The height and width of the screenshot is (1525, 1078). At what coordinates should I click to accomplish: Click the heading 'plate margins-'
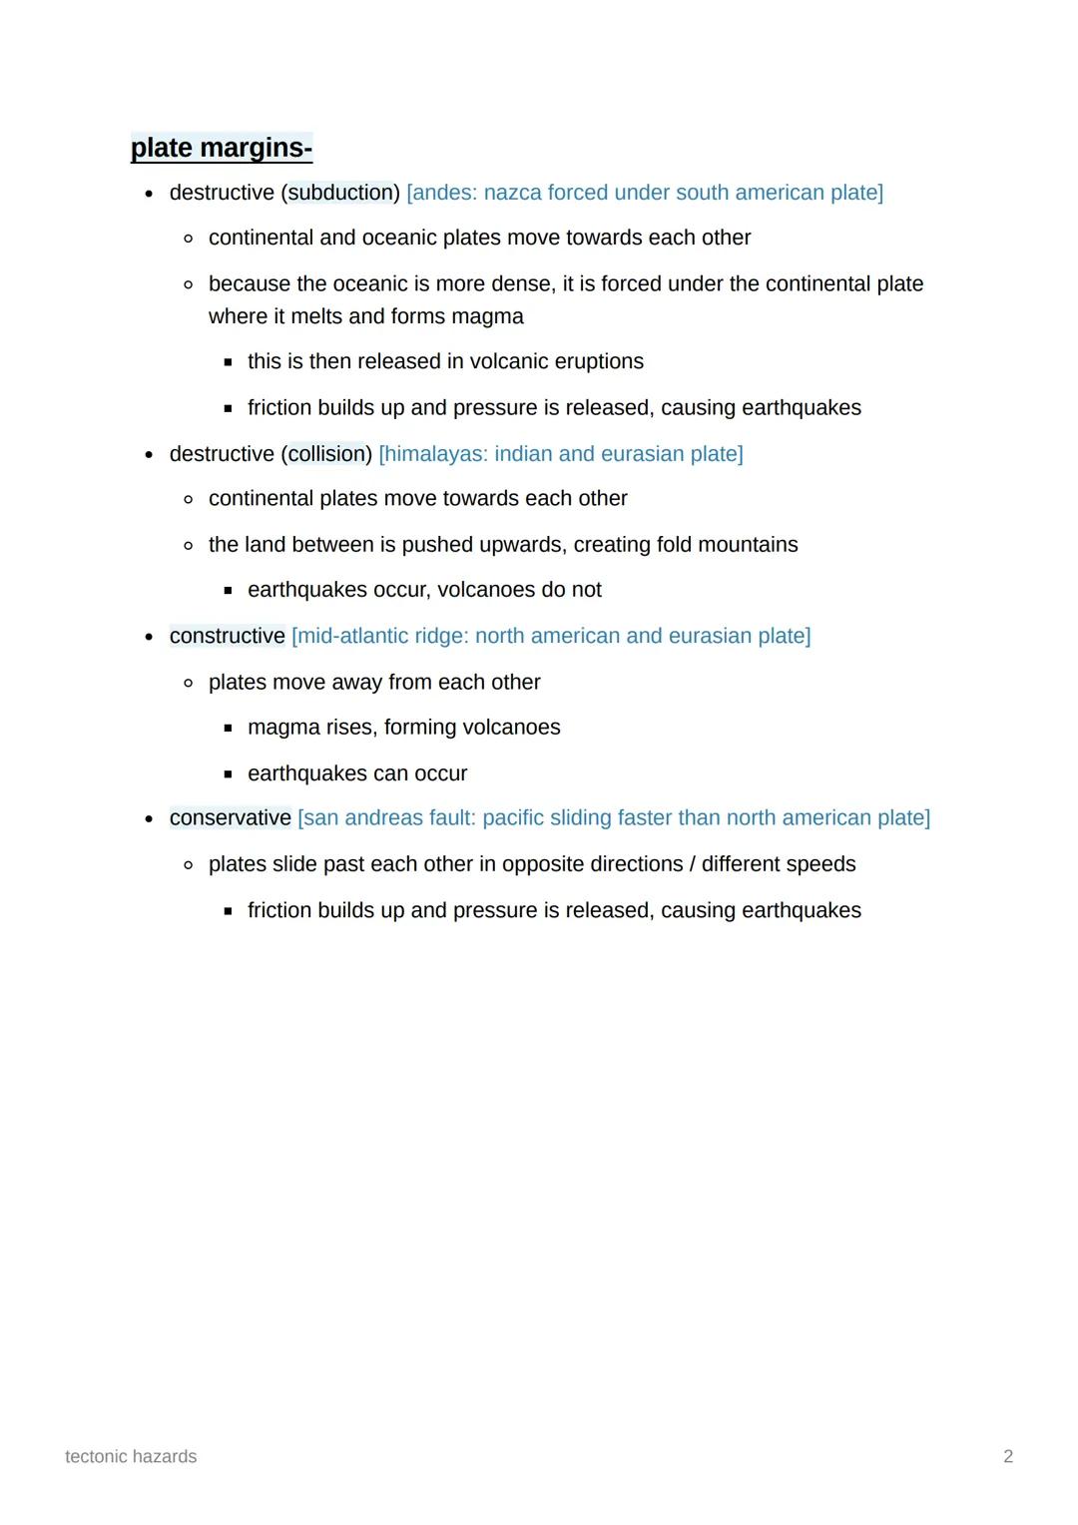pos(222,148)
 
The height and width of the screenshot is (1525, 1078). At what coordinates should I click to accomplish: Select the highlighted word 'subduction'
pos(340,193)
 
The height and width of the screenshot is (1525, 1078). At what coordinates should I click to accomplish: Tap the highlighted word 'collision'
pos(326,454)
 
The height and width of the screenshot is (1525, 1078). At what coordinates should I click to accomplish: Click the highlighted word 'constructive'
pos(228,636)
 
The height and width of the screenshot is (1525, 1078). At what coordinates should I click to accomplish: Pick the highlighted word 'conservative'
pos(231,818)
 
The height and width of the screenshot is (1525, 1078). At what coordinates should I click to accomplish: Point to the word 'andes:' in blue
pos(441,193)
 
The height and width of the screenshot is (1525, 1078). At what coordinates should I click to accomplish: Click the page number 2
pos(1008,1457)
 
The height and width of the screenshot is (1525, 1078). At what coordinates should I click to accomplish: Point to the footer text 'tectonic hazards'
pos(131,1457)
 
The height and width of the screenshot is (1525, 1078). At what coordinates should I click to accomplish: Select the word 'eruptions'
pos(597,361)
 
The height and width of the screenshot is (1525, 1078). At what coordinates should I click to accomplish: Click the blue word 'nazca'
pos(512,193)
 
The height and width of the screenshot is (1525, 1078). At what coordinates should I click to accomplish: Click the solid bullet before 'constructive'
pos(149,637)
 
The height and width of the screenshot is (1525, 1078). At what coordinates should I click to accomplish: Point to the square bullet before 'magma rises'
pos(228,729)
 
